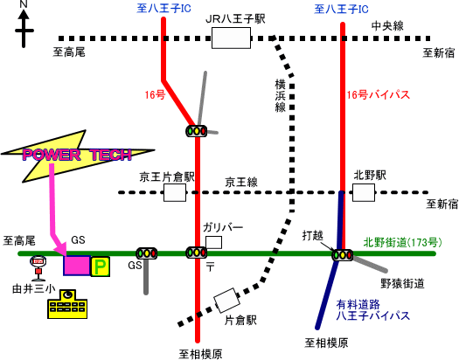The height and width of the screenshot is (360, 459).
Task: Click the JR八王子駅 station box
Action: click(232, 38)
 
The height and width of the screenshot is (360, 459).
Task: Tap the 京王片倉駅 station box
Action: click(175, 193)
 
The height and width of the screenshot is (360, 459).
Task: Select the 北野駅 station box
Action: click(364, 193)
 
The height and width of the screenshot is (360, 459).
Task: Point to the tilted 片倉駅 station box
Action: click(226, 301)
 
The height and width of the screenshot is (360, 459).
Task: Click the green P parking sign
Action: click(101, 267)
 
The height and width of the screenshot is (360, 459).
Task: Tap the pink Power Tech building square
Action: click(77, 266)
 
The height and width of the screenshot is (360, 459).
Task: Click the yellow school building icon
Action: click(67, 304)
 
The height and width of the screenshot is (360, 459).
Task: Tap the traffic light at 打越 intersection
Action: click(343, 255)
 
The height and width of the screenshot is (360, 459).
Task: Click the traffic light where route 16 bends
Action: click(197, 131)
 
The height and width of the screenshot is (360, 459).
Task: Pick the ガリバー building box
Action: click(213, 242)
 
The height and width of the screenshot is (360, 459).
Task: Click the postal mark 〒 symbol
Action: click(210, 267)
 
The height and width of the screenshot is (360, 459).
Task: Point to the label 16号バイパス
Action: click(379, 95)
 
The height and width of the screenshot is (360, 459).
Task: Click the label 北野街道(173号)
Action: click(403, 243)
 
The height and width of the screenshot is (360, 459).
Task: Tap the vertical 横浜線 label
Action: click(280, 96)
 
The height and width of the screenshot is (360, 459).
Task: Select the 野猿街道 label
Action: click(402, 284)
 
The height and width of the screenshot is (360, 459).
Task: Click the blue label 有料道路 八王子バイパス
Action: click(372, 310)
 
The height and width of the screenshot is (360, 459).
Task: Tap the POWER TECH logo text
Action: click(77, 155)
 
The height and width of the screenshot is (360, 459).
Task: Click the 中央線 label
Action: click(387, 25)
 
